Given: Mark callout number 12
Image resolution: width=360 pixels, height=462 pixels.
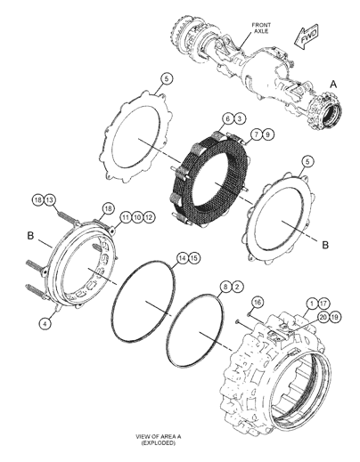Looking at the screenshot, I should [x=150, y=216].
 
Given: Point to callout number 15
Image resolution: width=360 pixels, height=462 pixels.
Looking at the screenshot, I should [x=193, y=258].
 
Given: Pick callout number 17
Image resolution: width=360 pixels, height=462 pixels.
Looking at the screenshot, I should [x=324, y=304].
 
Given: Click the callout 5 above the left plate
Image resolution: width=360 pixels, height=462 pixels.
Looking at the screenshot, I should [x=165, y=80].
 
